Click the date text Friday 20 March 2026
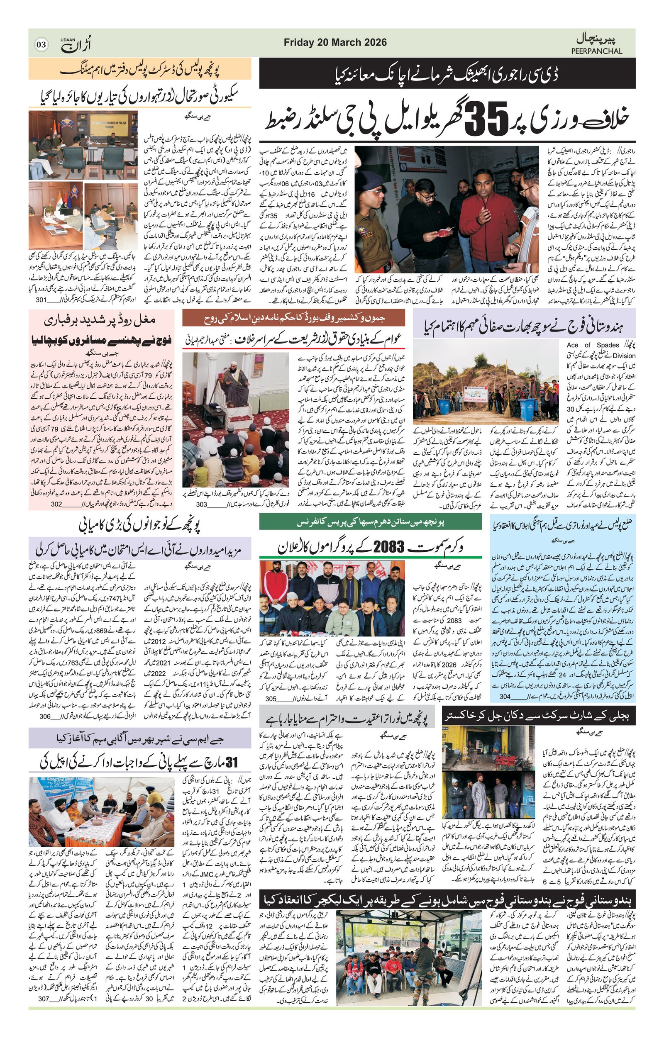coord(335,42)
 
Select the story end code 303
coord(201,504)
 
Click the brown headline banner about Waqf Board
coord(293,318)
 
